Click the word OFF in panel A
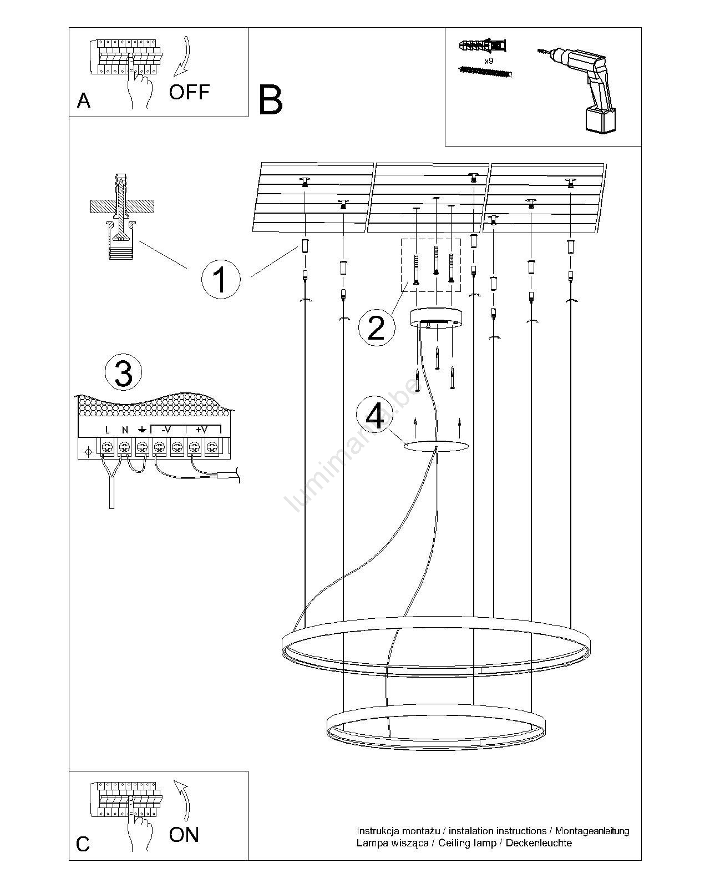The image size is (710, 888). pos(189,92)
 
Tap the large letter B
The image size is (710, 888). pos(271,100)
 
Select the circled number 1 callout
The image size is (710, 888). pos(220,279)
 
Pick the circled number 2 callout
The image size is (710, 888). pos(376,327)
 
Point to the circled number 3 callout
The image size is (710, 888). pos(123,374)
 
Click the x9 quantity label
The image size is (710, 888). pos(489,61)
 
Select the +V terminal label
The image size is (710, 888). pos(201,430)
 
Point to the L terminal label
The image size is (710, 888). pos(108,430)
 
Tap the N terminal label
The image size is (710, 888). pos(125,430)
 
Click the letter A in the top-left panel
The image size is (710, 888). pos(84,100)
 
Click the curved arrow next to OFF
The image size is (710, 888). pos(182,56)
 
